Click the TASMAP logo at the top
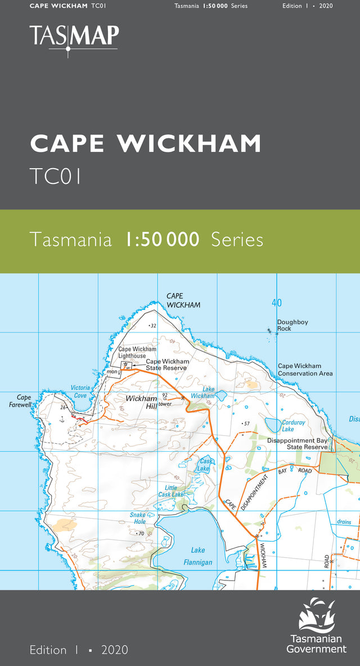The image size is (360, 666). (x=74, y=37)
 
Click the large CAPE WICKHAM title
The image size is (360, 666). (x=146, y=144)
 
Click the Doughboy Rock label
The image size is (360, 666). (x=292, y=325)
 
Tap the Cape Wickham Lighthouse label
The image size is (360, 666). (x=137, y=353)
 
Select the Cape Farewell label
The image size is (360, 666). (x=24, y=400)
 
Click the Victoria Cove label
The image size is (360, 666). (x=80, y=391)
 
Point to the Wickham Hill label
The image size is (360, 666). (x=141, y=402)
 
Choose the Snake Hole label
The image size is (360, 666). (x=137, y=518)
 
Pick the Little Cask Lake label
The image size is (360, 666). (x=170, y=491)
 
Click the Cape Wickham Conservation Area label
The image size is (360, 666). (x=305, y=370)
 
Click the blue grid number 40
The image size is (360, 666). (x=276, y=303)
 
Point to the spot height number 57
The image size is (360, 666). (x=246, y=423)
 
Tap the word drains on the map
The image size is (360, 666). (x=344, y=522)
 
